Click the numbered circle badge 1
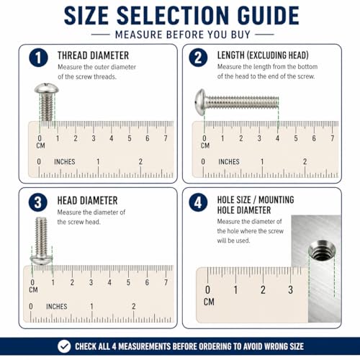pyautogui.click(x=38, y=58)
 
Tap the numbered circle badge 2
pyautogui.click(x=198, y=58)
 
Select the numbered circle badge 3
pyautogui.click(x=38, y=202)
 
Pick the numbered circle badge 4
pyautogui.click(x=198, y=202)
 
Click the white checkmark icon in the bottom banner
pyautogui.click(x=64, y=346)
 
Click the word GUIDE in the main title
pyautogui.click(x=268, y=16)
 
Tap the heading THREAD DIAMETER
pyautogui.click(x=93, y=55)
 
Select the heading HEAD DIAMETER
pyautogui.click(x=87, y=201)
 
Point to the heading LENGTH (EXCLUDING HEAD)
pyautogui.click(x=263, y=55)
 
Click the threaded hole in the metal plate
pyautogui.click(x=322, y=250)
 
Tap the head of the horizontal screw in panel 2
pyautogui.click(x=201, y=102)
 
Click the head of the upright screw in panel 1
pyautogui.click(x=47, y=89)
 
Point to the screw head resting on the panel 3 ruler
pyautogui.click(x=41, y=259)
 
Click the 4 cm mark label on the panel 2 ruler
pyautogui.click(x=277, y=138)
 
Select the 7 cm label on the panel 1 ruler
pyautogui.click(x=166, y=138)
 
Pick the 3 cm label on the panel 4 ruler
pyautogui.click(x=290, y=289)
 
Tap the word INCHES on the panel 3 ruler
pyautogui.click(x=57, y=307)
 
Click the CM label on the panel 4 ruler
pyautogui.click(x=209, y=302)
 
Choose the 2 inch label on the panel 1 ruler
pyautogui.click(x=140, y=161)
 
